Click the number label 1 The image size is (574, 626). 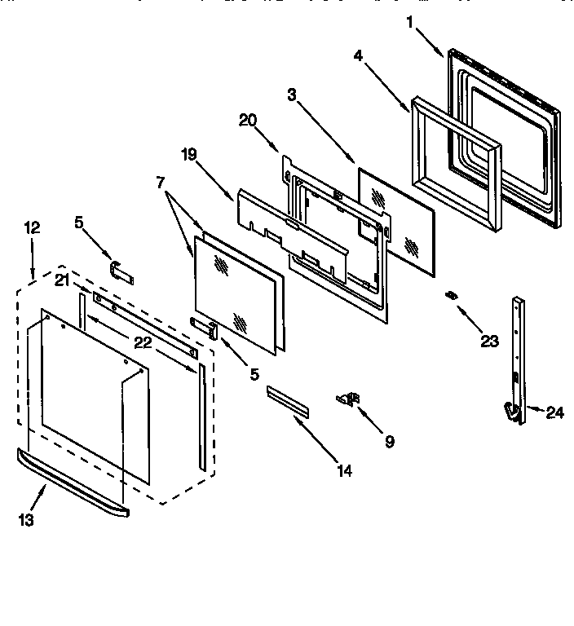point(411,23)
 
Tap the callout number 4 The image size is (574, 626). point(358,57)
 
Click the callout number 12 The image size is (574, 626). point(31,228)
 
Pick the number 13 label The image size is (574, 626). point(26,519)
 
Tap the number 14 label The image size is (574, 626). point(344,470)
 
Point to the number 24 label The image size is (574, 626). point(554,412)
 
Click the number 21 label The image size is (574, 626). point(62,280)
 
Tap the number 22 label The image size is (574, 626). point(142,342)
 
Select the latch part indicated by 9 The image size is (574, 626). point(348,398)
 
